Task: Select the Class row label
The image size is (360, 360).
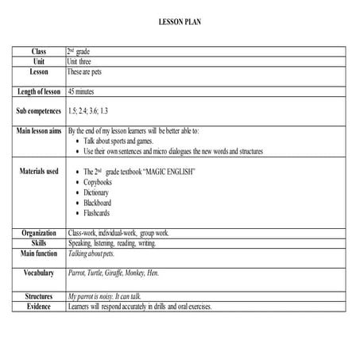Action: pyautogui.click(x=39, y=51)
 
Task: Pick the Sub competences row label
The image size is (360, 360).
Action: pyautogui.click(x=39, y=110)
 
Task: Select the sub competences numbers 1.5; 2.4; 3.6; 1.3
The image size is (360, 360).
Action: pyautogui.click(x=99, y=110)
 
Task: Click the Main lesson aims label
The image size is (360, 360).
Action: pyautogui.click(x=39, y=130)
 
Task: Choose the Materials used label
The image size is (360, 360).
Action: pyautogui.click(x=39, y=171)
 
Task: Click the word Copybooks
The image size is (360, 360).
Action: pyautogui.click(x=101, y=182)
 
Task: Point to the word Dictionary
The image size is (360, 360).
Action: pyautogui.click(x=100, y=192)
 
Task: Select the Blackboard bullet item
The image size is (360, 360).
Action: pyautogui.click(x=101, y=203)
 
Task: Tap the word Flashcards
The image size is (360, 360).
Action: pyautogui.click(x=101, y=213)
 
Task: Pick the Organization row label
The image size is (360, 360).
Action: pyautogui.click(x=39, y=234)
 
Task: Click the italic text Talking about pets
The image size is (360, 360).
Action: pyautogui.click(x=92, y=254)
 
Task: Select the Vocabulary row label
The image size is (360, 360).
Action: pyautogui.click(x=39, y=273)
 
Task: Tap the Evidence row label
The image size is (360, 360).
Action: pyautogui.click(x=39, y=306)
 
